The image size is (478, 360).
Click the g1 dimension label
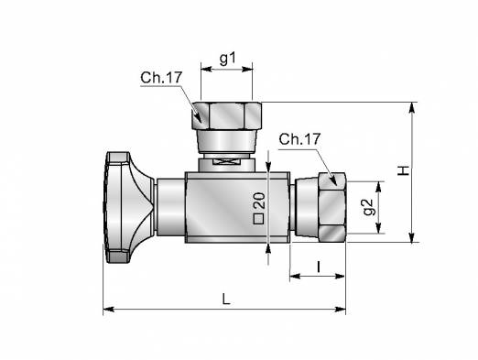click(228, 59)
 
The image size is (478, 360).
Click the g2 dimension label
click(369, 207)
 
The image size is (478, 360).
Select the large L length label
click(226, 300)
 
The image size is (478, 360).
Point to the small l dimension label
click(319, 267)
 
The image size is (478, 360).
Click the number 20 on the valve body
click(259, 201)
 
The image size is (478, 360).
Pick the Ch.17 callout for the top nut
click(161, 78)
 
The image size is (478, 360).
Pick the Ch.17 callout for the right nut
click(299, 139)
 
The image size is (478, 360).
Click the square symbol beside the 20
click(259, 219)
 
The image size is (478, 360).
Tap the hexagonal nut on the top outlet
click(227, 115)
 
